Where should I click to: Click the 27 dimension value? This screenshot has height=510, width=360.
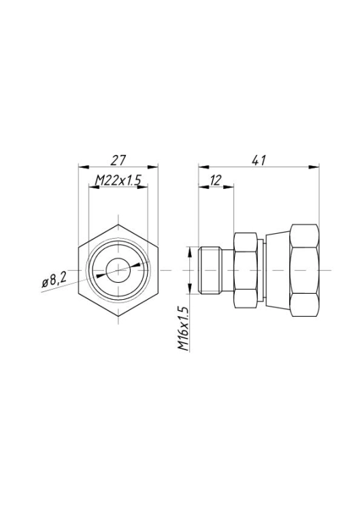[118, 160]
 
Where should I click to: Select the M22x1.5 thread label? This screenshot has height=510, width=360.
[118, 180]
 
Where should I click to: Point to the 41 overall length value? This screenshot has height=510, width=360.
[259, 160]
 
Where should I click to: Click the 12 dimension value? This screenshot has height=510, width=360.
[216, 180]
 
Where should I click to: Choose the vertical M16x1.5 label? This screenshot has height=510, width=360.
[184, 328]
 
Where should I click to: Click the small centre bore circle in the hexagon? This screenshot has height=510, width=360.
[118, 270]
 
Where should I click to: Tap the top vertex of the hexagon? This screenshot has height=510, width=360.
[118, 224]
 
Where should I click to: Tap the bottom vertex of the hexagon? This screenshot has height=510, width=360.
[118, 316]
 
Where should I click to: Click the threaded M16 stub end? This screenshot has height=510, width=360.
[210, 270]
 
